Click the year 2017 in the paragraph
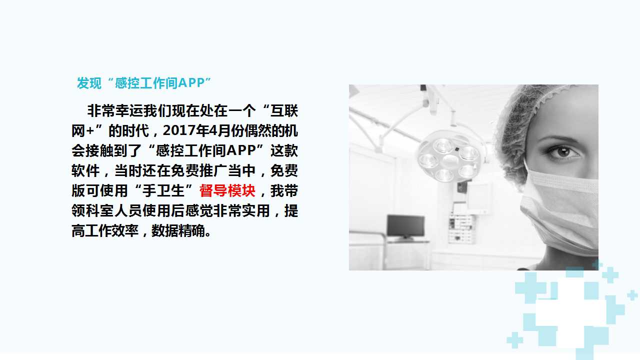pos(177,131)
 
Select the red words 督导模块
pos(227,190)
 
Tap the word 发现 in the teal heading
pos(89,83)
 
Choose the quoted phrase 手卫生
pos(163,190)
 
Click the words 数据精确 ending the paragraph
pos(178,230)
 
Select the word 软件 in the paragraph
pos(85,170)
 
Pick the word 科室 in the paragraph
pos(99,210)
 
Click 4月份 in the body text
pos(225,131)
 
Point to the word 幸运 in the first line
pos(129,111)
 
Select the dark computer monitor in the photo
pos(405,227)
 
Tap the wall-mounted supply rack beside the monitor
pos(461,228)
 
